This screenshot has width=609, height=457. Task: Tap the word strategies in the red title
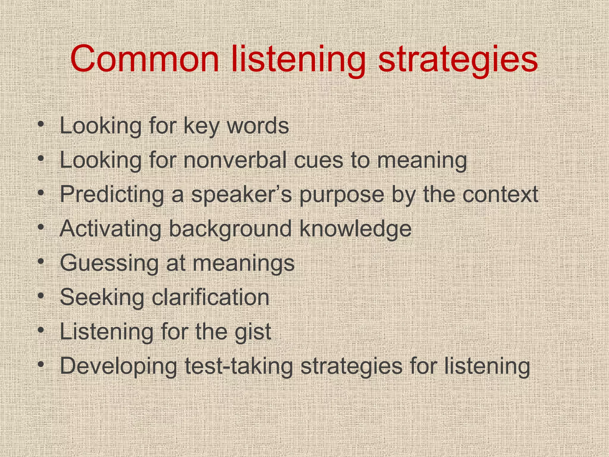(458, 60)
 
